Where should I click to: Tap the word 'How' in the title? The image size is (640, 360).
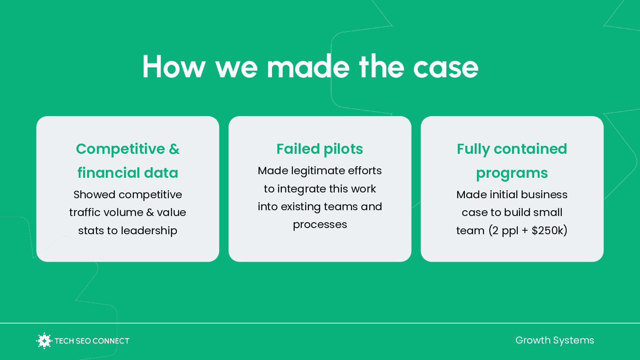174,67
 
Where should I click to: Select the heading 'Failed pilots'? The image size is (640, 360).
320,149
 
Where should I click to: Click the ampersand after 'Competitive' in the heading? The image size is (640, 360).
174,149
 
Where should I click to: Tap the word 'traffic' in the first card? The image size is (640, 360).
84,212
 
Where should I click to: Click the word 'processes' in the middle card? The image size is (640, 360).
320,224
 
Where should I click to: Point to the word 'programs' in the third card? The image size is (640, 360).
512,173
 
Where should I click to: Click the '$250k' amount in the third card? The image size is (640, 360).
549,231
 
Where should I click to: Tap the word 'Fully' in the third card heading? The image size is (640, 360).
474,149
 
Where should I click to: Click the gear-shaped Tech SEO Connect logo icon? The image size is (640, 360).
44,341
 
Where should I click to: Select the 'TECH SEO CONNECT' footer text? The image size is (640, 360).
92,341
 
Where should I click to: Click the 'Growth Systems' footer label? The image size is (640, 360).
554,340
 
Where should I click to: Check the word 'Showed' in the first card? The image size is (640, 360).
95,195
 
